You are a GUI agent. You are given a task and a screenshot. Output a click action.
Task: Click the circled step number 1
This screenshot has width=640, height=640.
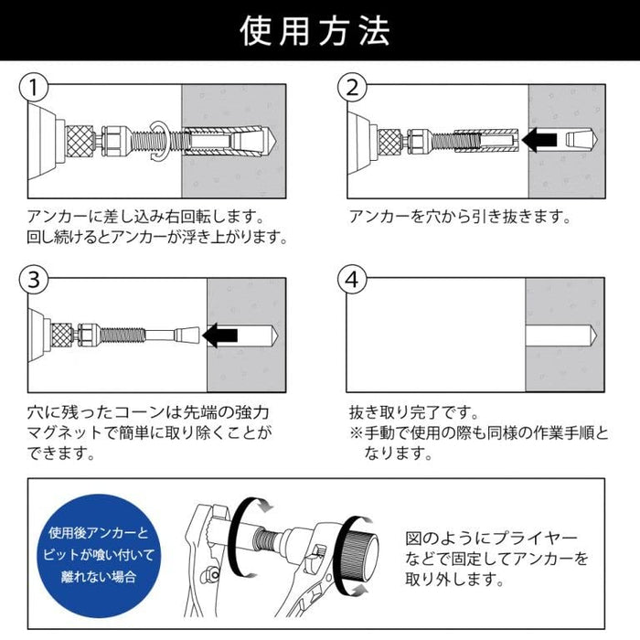[x=34, y=88]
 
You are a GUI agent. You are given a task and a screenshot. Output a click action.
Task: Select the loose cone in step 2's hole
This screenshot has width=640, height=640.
[x=579, y=141]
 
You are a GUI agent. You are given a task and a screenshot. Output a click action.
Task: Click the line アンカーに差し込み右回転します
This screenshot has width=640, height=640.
[x=146, y=219]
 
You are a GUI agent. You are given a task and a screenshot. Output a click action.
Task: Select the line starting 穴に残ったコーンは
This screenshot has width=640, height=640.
[x=150, y=412]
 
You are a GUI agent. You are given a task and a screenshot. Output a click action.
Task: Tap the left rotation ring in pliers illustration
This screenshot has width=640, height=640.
[x=246, y=539]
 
